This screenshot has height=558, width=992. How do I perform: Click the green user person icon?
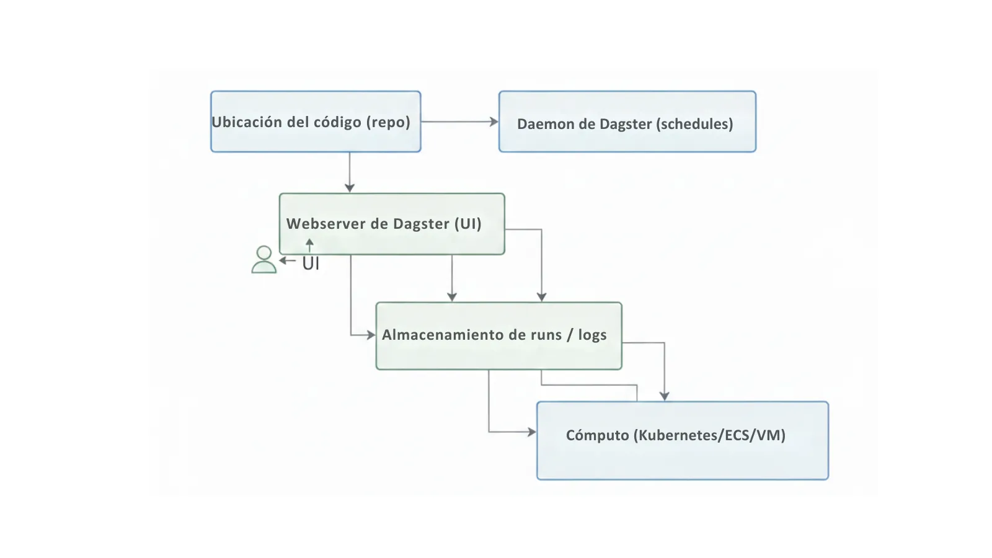point(264,260)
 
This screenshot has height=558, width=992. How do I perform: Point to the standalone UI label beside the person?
point(311,263)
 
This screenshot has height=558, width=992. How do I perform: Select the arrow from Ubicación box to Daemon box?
point(459,122)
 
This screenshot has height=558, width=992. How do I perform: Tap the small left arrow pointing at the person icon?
point(287,260)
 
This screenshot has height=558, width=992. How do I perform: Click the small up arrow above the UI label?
point(309,245)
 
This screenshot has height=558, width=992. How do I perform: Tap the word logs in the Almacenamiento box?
point(592,335)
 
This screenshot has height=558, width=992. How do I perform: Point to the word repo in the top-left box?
point(388,122)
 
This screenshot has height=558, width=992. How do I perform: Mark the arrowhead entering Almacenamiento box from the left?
point(371,335)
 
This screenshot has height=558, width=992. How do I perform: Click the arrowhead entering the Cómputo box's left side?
point(531,432)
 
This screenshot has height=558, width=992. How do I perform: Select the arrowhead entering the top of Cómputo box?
point(664,396)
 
